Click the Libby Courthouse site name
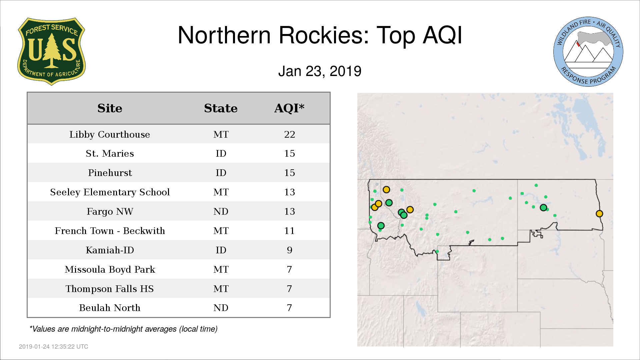tap(110, 134)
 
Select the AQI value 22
tap(290, 134)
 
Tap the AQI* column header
tap(289, 108)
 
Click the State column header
tap(221, 108)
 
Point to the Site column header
tap(110, 108)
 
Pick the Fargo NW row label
tap(110, 211)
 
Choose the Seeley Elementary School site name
tap(110, 192)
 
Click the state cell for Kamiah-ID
tap(221, 250)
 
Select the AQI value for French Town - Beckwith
tap(290, 231)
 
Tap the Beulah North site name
tap(110, 308)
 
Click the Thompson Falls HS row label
tap(110, 289)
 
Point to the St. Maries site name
tap(110, 153)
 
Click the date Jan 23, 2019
tap(320, 71)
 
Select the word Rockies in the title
tap(324, 35)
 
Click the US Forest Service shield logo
tap(51, 51)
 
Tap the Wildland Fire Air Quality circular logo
tap(588, 52)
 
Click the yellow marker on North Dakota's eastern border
tap(599, 214)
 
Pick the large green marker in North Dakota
tap(543, 208)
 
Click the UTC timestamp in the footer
tap(54, 347)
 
